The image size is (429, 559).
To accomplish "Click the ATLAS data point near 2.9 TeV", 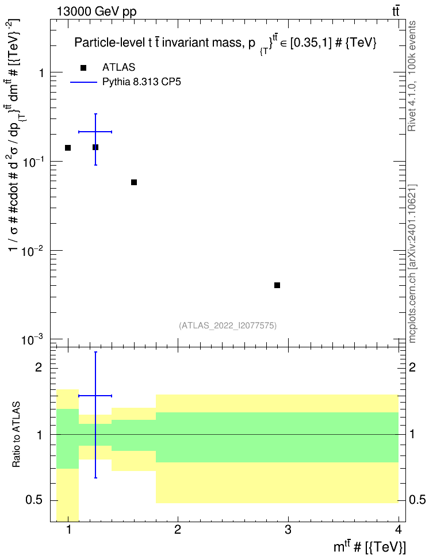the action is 277,285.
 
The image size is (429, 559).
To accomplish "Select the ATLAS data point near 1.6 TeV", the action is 134,182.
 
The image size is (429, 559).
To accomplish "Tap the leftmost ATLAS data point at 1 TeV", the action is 68,148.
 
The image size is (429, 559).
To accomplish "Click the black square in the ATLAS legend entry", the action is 83,68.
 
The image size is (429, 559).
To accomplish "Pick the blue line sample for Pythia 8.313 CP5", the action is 84,82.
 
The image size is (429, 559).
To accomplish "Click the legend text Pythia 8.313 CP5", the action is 141,82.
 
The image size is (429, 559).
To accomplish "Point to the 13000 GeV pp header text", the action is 97,12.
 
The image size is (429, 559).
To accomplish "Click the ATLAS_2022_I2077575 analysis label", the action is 228,325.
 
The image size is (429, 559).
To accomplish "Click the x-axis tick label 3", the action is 288,530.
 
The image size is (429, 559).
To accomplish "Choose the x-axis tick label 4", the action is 399,530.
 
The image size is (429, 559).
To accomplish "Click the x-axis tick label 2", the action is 178,530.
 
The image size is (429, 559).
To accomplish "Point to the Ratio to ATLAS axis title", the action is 16,435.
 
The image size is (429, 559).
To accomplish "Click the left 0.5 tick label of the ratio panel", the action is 35,500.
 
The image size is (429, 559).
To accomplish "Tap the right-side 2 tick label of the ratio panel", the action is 412,367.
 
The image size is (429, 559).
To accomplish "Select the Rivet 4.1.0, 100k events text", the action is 412,76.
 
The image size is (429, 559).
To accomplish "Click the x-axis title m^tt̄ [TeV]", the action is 369,546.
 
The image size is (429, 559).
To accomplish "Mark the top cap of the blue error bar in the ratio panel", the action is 95,352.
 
